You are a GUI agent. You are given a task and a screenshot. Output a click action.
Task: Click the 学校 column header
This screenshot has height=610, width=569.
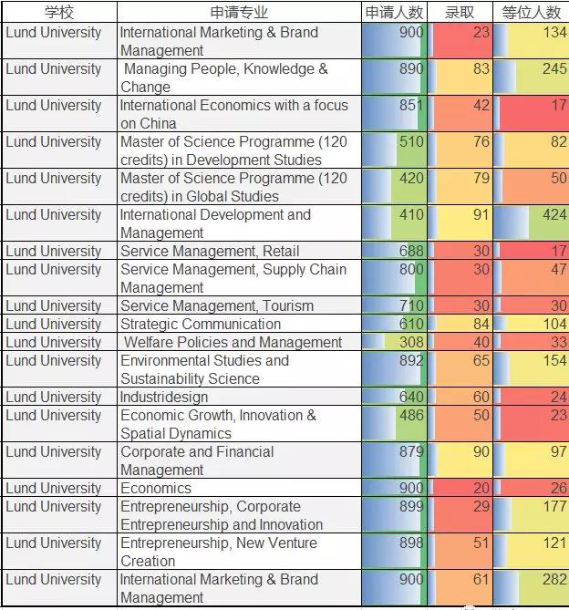[x=58, y=13]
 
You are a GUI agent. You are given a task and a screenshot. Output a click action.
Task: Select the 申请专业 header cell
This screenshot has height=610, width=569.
[x=240, y=13]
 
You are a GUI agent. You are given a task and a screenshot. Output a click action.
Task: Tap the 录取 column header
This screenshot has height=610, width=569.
[x=460, y=13]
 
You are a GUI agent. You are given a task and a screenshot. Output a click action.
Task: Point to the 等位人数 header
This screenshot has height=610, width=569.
[x=531, y=13]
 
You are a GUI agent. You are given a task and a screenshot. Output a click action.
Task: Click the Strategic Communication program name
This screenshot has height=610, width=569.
[x=201, y=324]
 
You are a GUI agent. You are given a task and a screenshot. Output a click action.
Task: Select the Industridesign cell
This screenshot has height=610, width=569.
[x=164, y=397]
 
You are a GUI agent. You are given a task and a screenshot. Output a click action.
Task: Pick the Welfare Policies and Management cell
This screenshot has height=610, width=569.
[x=233, y=342]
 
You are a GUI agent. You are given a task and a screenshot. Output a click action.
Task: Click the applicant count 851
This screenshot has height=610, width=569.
[x=411, y=106]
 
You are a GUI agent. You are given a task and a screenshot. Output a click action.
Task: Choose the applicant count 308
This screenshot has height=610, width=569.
[x=411, y=342]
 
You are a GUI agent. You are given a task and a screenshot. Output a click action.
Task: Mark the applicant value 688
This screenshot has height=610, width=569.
[x=411, y=251]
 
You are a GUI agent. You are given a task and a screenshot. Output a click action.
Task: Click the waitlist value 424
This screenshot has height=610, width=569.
[x=553, y=215]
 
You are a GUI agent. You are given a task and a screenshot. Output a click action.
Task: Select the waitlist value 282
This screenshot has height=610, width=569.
[x=553, y=580]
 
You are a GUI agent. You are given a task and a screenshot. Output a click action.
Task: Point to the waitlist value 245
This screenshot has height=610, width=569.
[x=553, y=69]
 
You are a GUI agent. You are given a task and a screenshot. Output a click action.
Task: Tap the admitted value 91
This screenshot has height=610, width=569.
[x=481, y=215]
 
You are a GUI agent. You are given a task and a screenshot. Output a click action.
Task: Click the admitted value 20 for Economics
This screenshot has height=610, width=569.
[x=481, y=488]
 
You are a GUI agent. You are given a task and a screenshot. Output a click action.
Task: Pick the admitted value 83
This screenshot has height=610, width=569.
[x=481, y=69]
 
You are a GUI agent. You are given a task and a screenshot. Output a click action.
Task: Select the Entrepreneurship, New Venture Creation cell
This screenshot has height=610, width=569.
[x=219, y=552]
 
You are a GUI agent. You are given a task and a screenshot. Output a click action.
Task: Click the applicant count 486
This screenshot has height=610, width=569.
[x=411, y=416]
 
